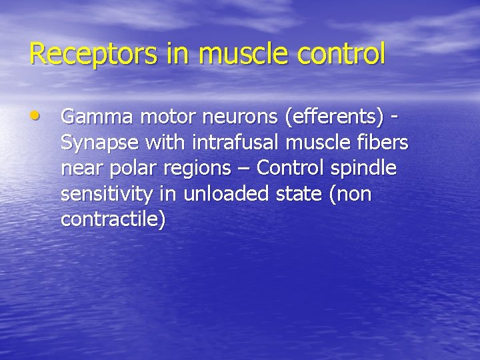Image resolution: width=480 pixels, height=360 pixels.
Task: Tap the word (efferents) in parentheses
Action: (x=334, y=117)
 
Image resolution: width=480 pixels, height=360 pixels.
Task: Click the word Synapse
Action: (x=99, y=143)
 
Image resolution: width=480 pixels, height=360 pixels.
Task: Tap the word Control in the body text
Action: (x=288, y=169)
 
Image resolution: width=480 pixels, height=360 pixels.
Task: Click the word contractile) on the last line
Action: (x=113, y=220)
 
